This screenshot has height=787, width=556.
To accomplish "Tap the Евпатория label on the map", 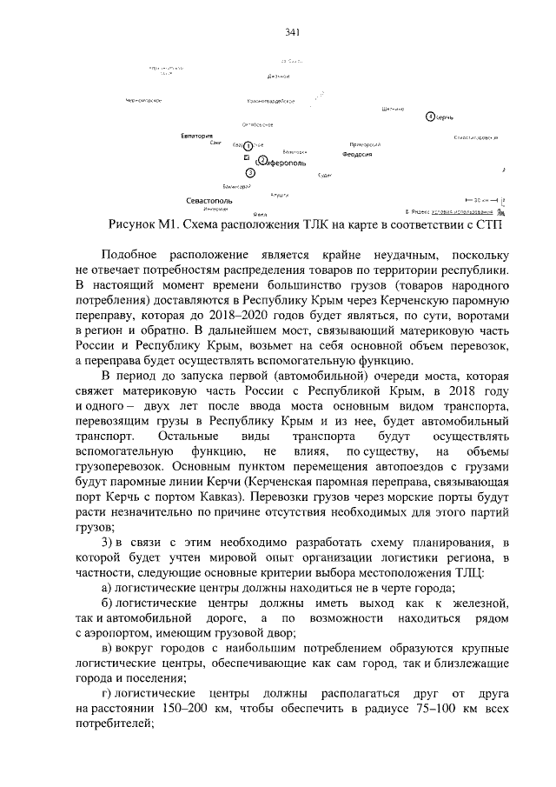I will [x=197, y=136].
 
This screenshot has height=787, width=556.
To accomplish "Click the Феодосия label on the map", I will [x=356, y=153].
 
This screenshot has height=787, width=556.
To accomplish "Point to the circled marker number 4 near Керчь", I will [x=430, y=116].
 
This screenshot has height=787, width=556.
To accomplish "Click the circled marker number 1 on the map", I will [x=248, y=145].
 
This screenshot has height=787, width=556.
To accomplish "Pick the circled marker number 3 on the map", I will [x=251, y=172].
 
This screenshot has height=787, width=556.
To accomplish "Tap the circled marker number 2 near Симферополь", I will [x=261, y=160].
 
